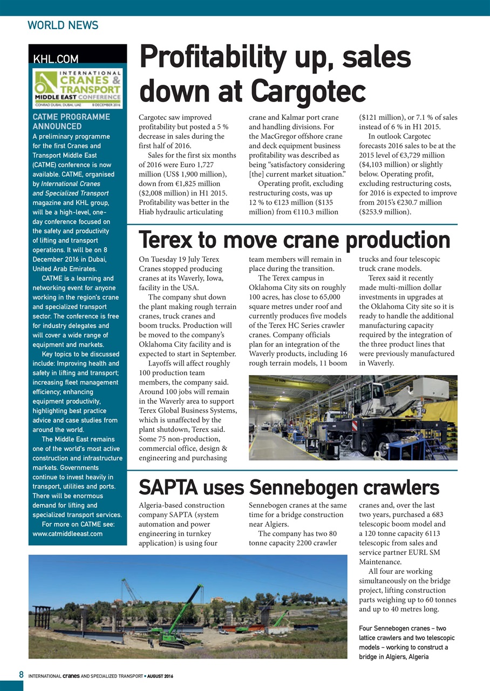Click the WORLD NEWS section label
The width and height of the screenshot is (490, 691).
point(63,25)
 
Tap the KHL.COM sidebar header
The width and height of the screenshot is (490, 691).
point(56,59)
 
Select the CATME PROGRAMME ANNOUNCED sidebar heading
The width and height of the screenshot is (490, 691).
point(71,121)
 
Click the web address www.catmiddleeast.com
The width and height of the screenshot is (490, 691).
point(68,534)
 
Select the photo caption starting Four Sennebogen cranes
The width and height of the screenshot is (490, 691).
point(403,642)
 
